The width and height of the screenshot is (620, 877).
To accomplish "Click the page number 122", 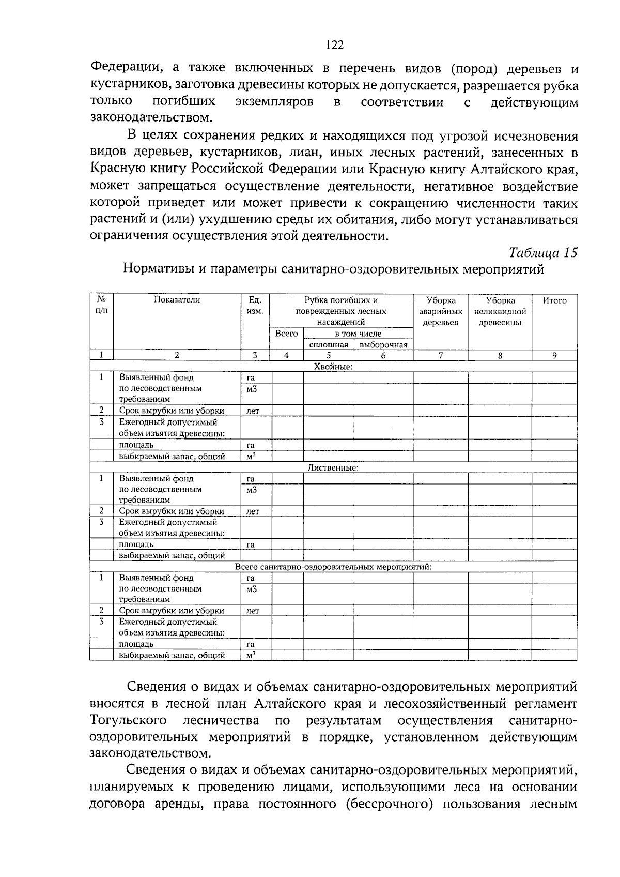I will tap(335, 45).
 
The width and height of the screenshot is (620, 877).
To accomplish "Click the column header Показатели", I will tap(177, 300).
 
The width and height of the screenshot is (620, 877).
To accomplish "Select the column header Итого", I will tap(554, 300).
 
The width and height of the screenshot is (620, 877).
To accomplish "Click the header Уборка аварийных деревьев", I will tap(440, 311).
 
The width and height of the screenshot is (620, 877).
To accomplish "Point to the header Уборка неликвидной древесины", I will tap(500, 311).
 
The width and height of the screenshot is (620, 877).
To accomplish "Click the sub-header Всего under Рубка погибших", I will tap(286, 334).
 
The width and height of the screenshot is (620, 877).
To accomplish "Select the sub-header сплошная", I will tap(328, 345).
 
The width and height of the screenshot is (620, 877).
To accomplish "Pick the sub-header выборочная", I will tap(383, 345).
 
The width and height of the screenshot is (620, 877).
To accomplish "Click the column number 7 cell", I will tap(440, 355).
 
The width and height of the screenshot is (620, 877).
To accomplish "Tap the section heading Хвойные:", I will tap(333, 367).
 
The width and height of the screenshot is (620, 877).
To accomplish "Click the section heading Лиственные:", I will tap(333, 467).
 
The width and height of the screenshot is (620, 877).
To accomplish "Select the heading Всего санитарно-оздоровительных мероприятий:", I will tap(333, 567).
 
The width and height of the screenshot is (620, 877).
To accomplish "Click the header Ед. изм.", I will tap(255, 306).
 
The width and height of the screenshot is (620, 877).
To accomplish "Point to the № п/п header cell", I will tap(101, 305).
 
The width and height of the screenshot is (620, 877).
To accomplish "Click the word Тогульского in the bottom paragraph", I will tap(128, 720).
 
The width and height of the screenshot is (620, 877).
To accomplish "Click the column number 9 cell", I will tap(554, 355).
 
